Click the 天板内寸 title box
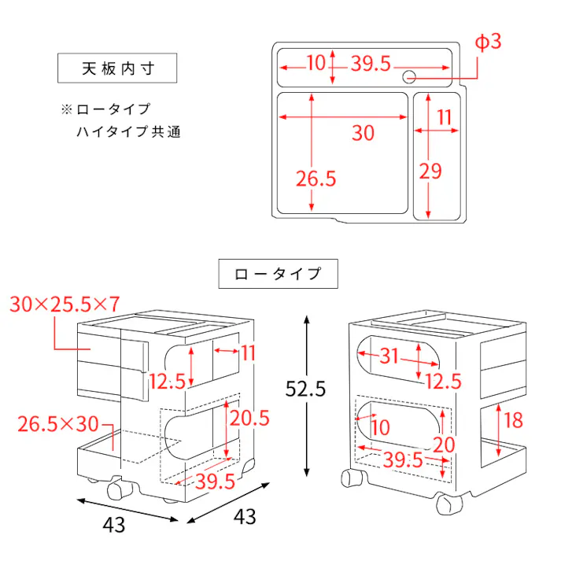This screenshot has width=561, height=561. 118,68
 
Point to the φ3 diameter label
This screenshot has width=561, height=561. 488,42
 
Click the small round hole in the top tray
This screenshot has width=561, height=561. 409,76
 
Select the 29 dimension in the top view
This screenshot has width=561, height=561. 430,171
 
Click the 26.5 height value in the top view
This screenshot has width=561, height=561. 316,179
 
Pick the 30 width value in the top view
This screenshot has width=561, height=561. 363,133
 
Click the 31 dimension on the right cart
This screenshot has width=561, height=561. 389,356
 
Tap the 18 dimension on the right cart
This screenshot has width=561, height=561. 512,420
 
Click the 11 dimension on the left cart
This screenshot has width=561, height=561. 249,353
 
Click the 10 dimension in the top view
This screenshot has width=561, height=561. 316,64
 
